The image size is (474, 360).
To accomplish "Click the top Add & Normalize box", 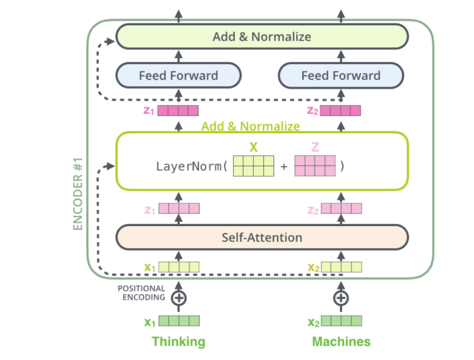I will click(262, 37).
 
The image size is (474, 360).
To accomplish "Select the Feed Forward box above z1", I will click(179, 76).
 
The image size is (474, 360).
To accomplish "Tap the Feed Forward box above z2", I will click(341, 76).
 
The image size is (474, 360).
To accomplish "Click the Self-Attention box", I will click(262, 238).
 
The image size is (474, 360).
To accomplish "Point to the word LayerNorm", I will click(188, 167).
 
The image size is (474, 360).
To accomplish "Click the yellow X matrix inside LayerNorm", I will click(253, 166).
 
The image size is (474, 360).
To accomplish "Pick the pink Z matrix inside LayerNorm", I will click(314, 166).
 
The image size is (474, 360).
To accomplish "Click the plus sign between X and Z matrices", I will click(283, 167).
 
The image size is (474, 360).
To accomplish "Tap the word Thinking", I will click(178, 341).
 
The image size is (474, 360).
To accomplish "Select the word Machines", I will click(341, 341).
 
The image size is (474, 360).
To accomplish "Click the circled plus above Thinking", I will click(179, 298).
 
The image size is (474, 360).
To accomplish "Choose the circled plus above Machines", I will click(341, 298).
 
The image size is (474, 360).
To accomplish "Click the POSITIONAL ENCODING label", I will click(141, 293).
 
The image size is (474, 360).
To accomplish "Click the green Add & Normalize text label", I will click(250, 127).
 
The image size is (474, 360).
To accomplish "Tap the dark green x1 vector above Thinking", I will click(179, 321).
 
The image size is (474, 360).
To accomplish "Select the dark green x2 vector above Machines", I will click(341, 321).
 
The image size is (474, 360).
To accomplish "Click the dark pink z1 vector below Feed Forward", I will click(178, 110).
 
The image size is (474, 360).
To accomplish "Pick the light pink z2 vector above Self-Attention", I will click(341, 209).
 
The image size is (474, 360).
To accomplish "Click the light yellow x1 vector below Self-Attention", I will click(179, 267).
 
